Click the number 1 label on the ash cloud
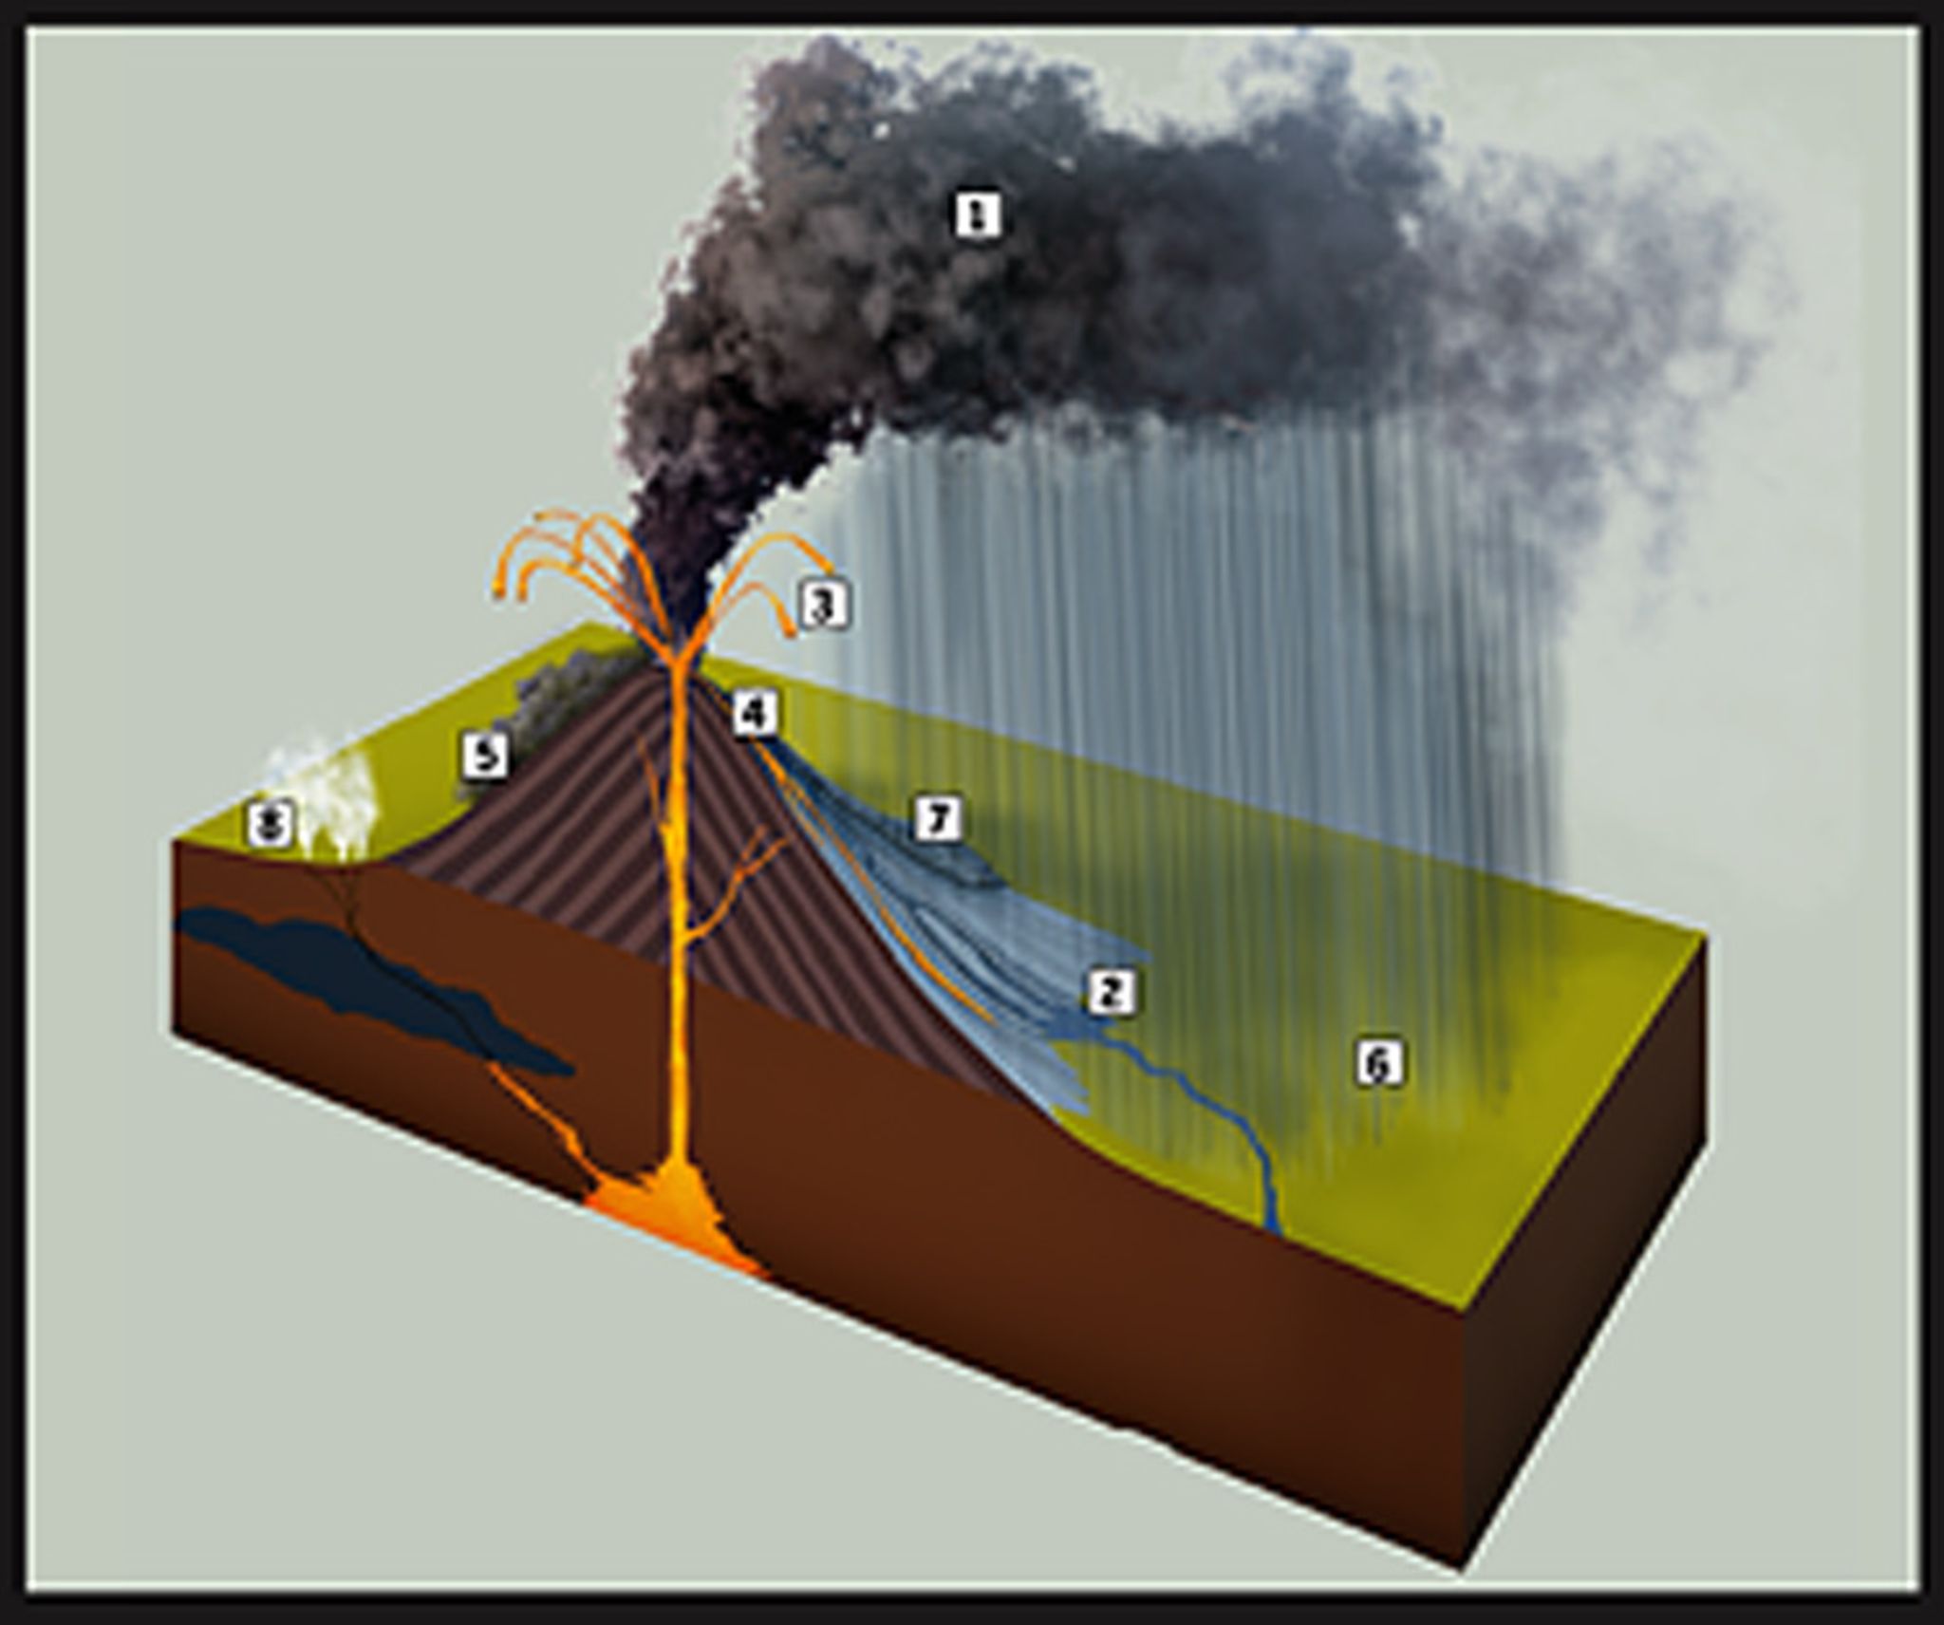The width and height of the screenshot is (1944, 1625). (x=977, y=215)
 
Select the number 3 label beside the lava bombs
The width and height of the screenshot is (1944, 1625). (x=824, y=605)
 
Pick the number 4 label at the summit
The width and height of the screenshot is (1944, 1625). (x=755, y=713)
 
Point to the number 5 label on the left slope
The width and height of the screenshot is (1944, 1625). (x=485, y=756)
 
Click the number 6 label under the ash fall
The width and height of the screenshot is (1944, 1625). (x=1378, y=1064)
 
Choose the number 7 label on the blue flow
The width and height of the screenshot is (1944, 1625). (x=938, y=819)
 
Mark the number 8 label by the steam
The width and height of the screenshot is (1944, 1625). (x=271, y=823)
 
